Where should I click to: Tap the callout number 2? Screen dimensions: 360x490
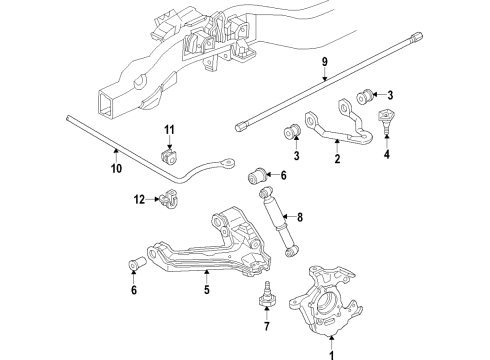point(337,158)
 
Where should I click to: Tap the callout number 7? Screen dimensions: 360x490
point(267,325)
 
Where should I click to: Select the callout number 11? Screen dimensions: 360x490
point(169,130)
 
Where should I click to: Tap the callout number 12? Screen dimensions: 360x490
point(140,201)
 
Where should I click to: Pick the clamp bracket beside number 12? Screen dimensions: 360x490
point(167,202)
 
